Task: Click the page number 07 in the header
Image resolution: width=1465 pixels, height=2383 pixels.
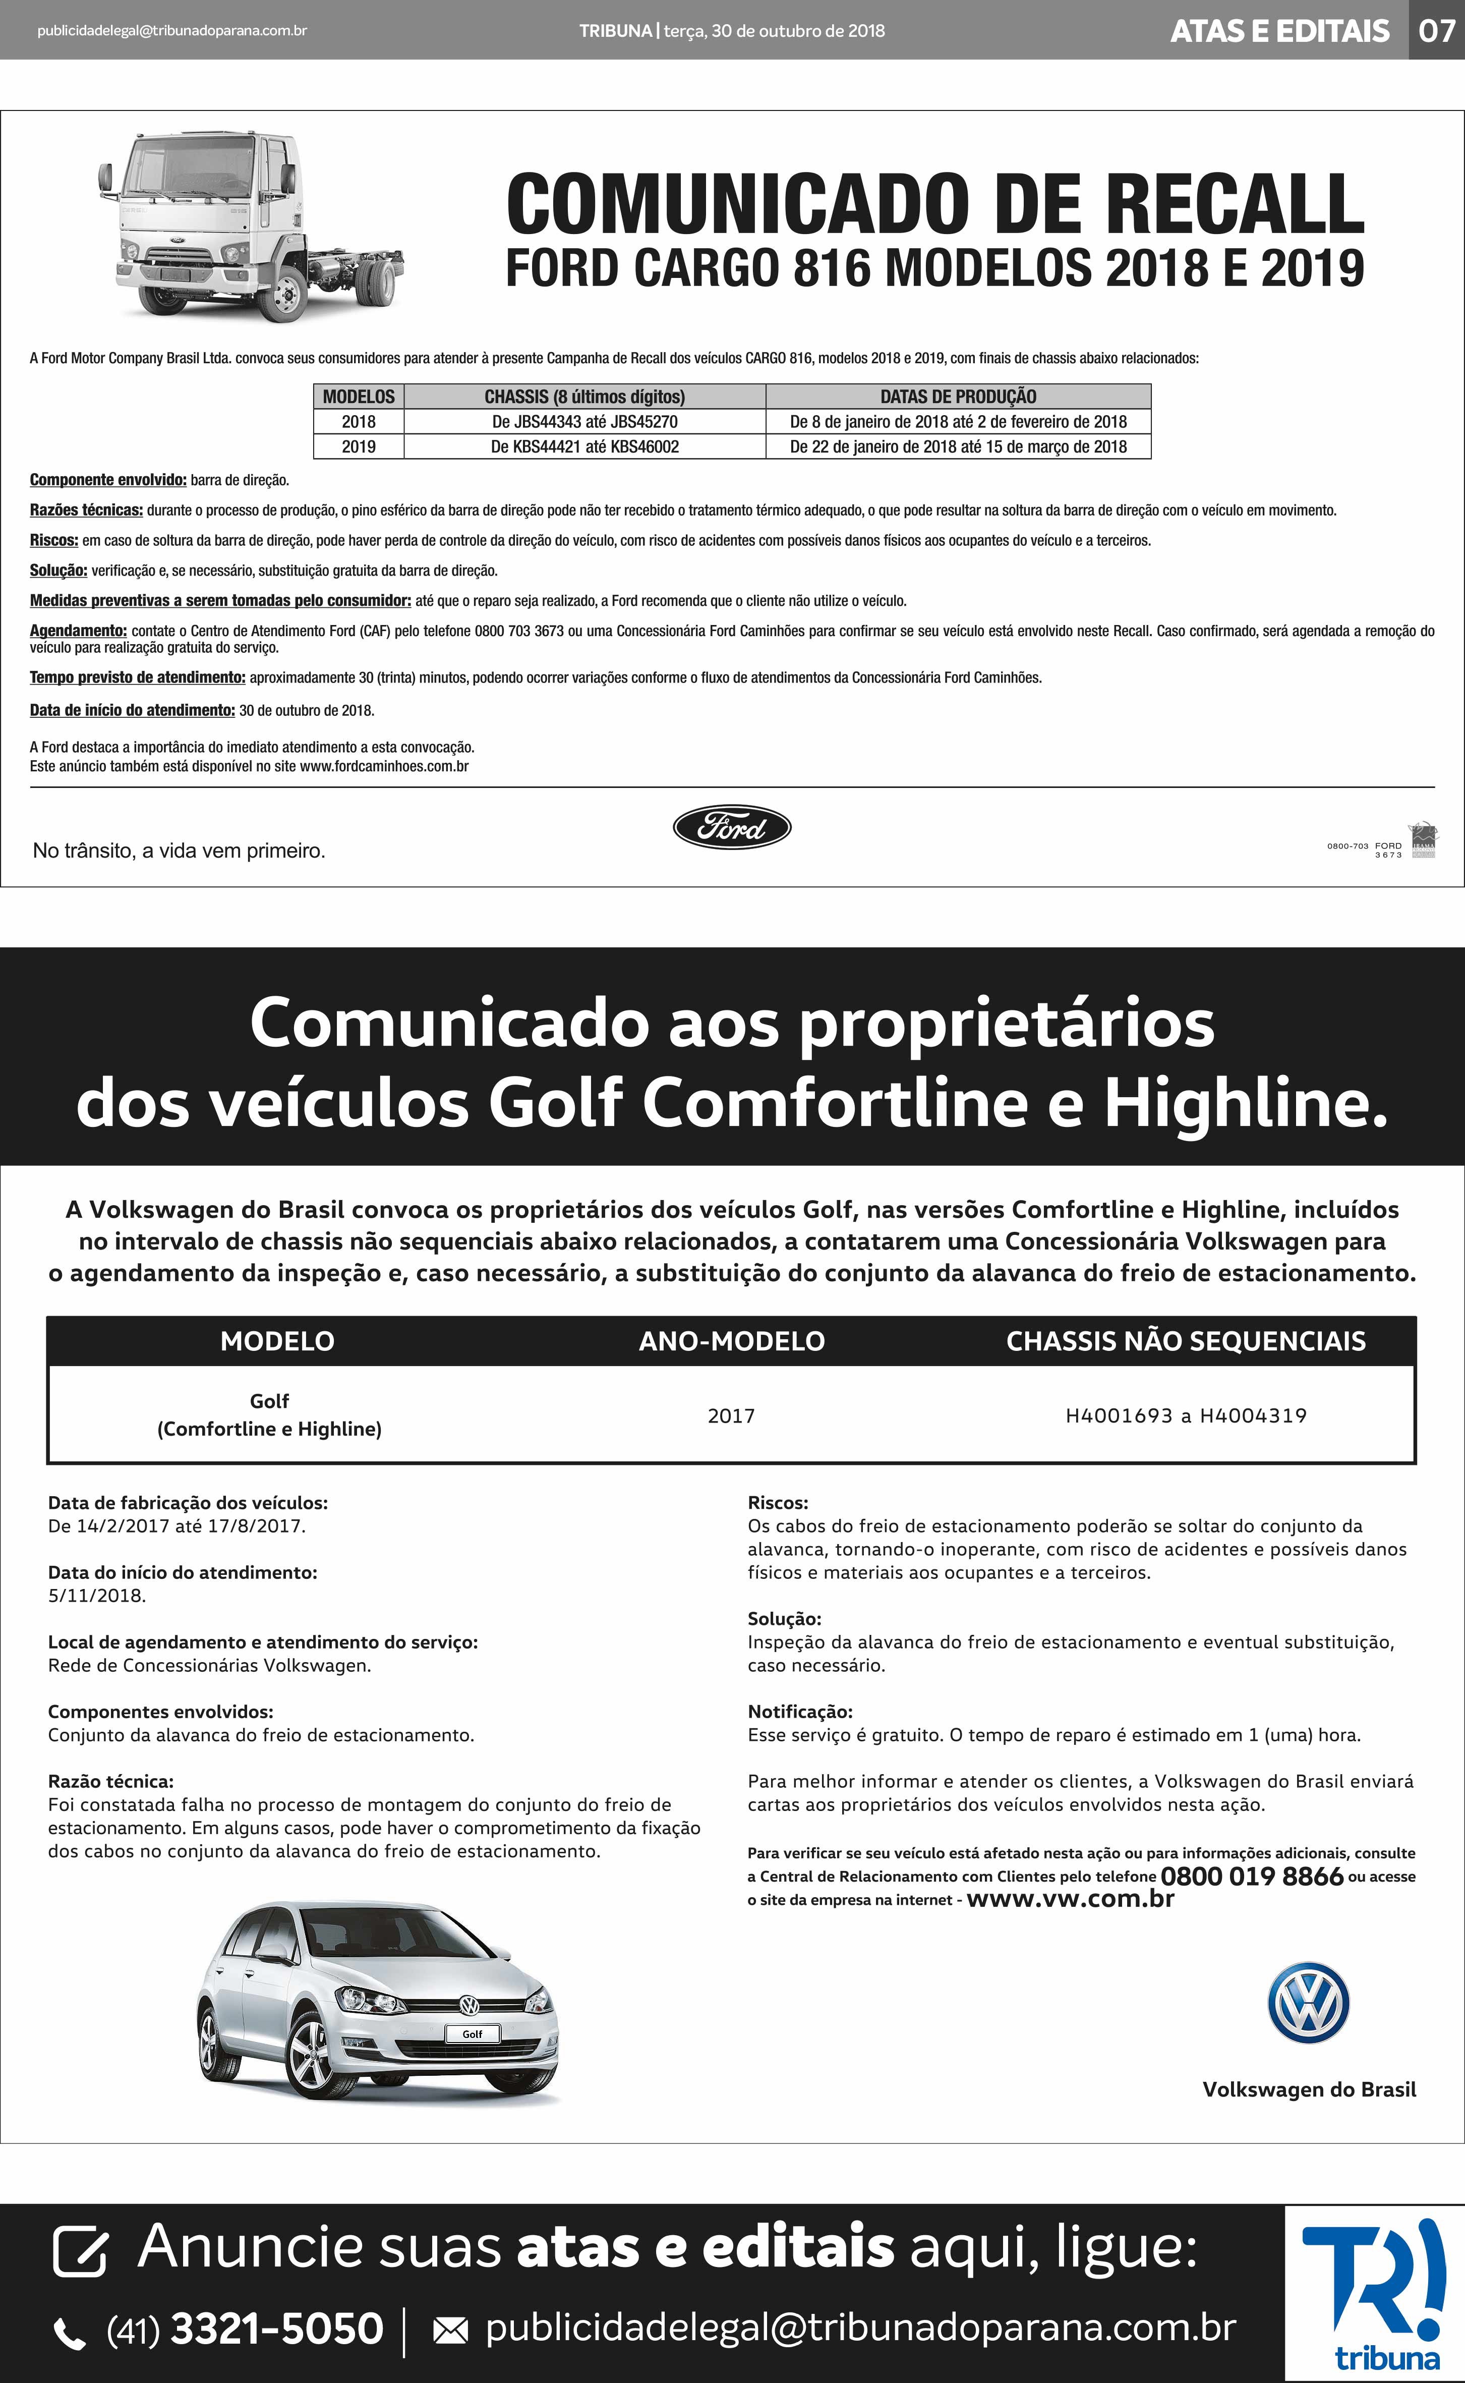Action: (1436, 30)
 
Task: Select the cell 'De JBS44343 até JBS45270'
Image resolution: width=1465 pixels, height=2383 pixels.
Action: (584, 422)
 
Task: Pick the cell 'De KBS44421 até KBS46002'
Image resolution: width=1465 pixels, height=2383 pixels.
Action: (584, 447)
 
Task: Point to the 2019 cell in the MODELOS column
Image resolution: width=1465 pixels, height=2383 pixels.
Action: (359, 447)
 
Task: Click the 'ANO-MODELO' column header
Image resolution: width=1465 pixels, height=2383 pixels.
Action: (732, 1341)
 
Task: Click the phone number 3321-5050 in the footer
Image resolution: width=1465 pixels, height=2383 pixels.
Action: (276, 2328)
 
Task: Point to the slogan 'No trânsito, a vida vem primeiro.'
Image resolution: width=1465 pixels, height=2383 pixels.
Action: (179, 851)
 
